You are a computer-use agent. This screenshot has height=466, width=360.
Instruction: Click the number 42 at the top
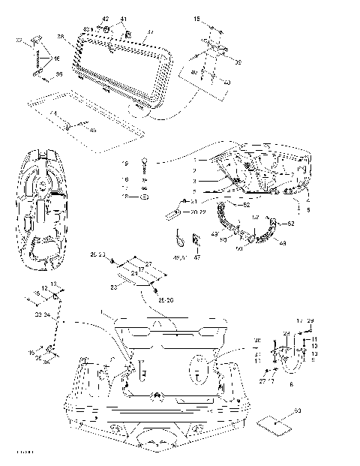(x=105, y=18)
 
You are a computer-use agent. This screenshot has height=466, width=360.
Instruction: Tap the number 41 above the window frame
(x=124, y=18)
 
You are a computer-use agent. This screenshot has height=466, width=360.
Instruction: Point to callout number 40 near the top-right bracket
(x=194, y=72)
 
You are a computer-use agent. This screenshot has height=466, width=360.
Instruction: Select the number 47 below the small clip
(x=198, y=257)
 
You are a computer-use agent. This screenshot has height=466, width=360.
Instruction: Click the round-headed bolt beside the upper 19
(x=145, y=163)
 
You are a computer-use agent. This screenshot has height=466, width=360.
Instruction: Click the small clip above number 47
(x=198, y=240)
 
